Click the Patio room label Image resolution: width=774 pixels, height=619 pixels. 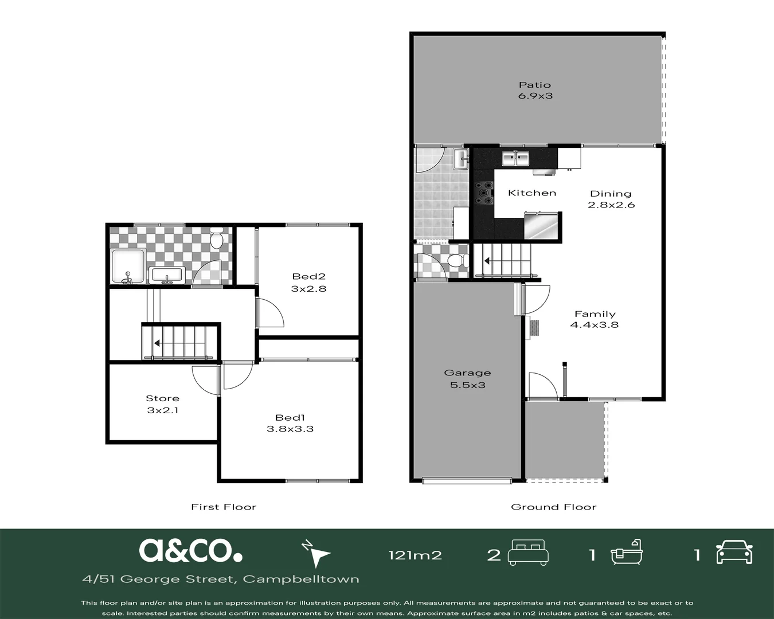point(535,85)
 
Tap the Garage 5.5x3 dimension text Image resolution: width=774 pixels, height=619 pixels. point(468,385)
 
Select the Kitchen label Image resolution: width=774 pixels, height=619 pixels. point(532,193)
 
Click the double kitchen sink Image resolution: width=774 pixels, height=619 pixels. point(515,159)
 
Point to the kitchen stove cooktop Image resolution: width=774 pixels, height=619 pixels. point(484,193)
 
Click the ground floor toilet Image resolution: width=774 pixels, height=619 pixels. point(458,260)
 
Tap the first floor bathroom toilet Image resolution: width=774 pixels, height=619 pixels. point(217,238)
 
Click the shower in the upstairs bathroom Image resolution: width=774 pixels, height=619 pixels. point(128,267)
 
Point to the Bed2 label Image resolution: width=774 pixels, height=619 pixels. point(308,276)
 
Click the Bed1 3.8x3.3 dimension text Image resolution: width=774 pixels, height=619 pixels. point(290,429)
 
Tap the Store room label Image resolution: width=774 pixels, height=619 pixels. point(162,398)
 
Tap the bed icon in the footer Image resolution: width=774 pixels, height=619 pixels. point(528,553)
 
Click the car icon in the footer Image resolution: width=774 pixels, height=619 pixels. point(734,552)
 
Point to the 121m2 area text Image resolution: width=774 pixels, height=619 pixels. point(415,555)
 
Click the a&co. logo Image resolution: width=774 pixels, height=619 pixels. point(190,550)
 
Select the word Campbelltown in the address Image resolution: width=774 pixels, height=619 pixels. point(301,579)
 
